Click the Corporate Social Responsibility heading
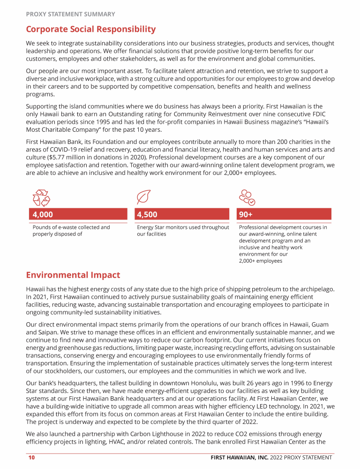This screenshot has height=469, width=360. (x=90, y=29)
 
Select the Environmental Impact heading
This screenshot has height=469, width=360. (x=73, y=275)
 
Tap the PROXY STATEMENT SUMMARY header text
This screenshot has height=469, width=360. (x=70, y=14)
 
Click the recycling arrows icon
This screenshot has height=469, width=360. (x=41, y=198)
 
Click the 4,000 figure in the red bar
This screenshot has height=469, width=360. (x=43, y=215)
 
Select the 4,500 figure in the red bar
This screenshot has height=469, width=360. (x=147, y=215)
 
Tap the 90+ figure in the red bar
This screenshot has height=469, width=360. (x=246, y=215)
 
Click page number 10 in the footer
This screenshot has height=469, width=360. (x=31, y=458)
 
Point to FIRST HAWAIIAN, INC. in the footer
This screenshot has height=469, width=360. (x=239, y=458)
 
